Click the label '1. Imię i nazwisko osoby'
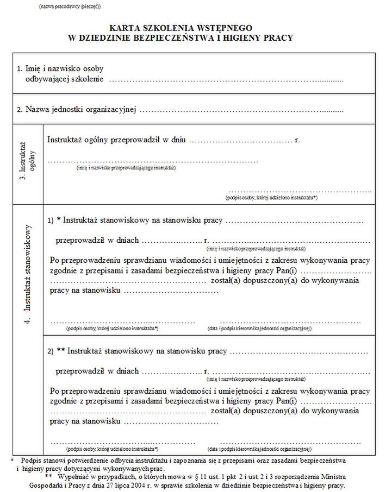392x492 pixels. coord(60,69)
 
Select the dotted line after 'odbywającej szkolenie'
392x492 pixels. coord(226,81)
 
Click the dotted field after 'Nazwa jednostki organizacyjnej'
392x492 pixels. coord(241,110)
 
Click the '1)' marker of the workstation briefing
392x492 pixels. coord(50,220)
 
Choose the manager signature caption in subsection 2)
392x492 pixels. coord(259,449)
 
